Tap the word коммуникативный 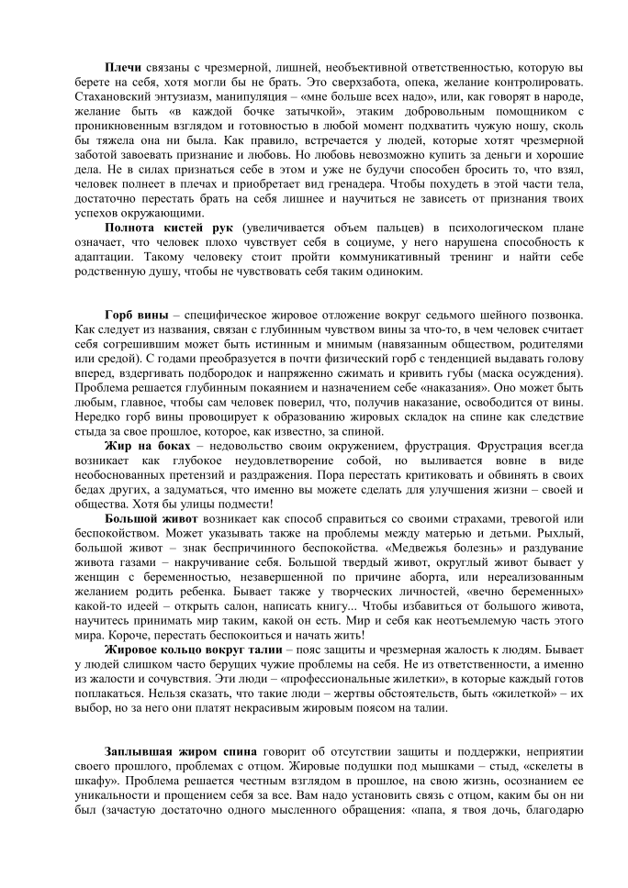click(383, 258)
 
